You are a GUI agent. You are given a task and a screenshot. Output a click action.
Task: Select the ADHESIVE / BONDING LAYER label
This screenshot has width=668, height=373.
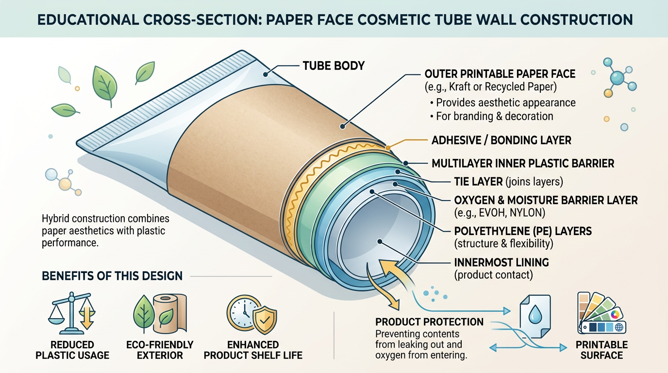click(501, 140)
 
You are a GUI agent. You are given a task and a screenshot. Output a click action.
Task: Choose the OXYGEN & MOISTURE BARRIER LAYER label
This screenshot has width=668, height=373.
click(546, 200)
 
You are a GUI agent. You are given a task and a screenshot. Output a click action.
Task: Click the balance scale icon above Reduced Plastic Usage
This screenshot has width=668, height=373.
click(71, 313)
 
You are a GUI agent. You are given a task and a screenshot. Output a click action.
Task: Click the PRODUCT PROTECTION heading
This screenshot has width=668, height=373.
click(429, 322)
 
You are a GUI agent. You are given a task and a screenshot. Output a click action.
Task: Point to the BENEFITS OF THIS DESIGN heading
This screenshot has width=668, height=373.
click(112, 276)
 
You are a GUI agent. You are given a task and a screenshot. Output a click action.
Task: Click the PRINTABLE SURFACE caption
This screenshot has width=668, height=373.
click(602, 350)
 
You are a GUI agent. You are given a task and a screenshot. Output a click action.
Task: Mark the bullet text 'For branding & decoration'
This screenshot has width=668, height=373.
click(494, 116)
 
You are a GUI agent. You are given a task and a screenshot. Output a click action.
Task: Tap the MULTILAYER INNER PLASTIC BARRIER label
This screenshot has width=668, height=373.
click(523, 163)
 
